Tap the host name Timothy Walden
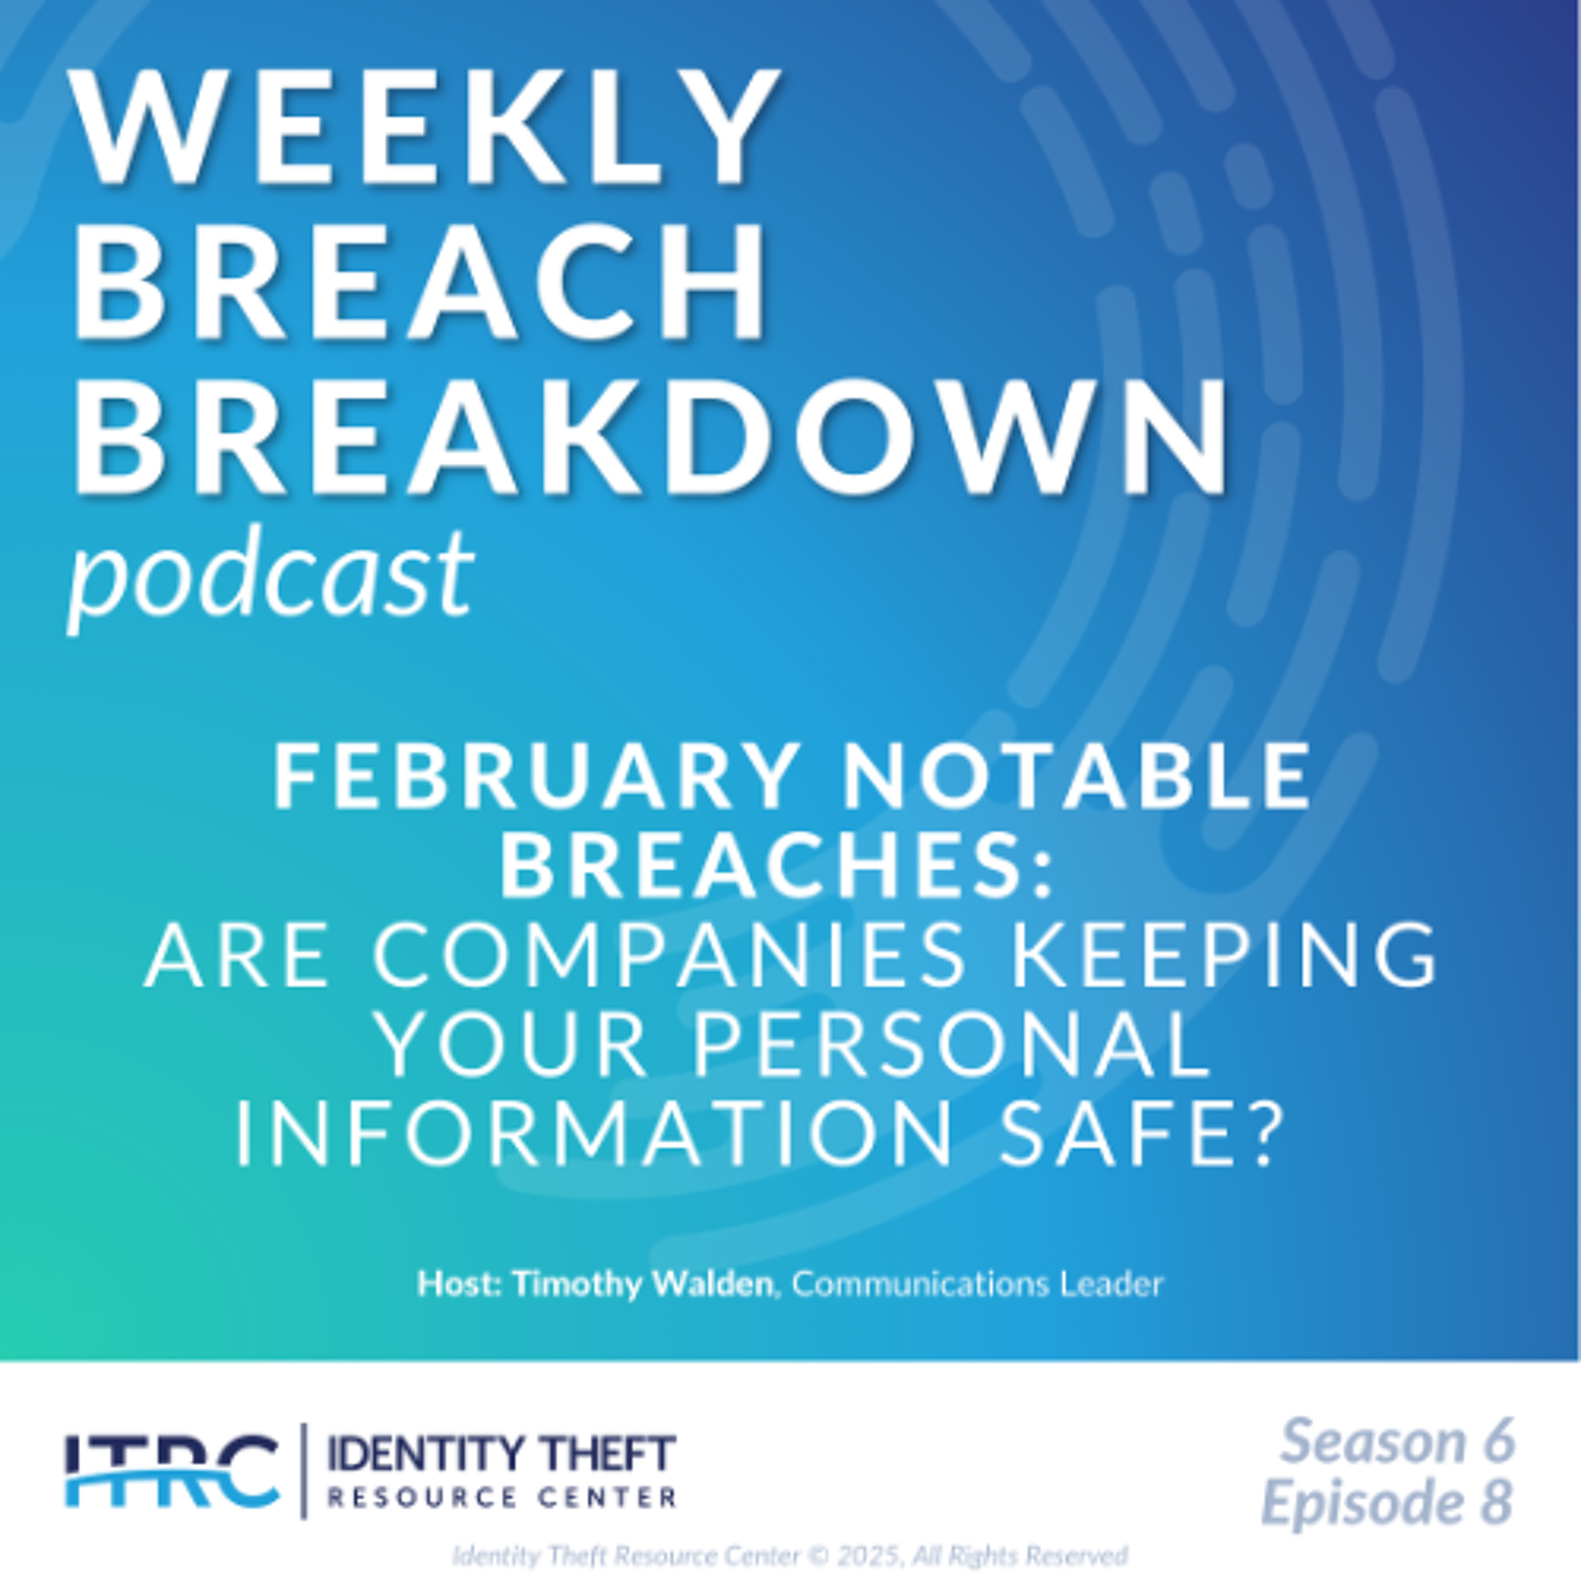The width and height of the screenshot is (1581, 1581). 643,1284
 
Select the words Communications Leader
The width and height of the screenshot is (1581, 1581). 978,1284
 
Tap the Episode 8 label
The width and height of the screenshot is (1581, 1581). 1387,1501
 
